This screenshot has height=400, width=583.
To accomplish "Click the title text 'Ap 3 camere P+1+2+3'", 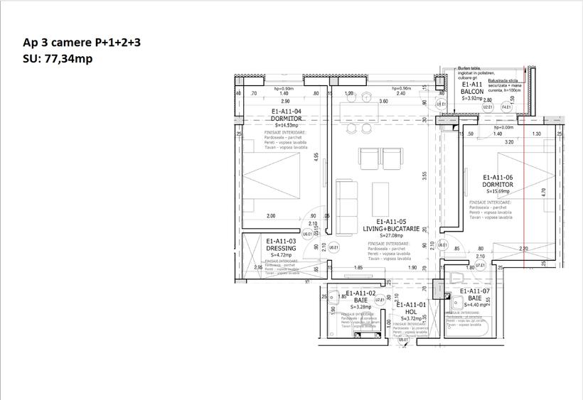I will click(x=82, y=43).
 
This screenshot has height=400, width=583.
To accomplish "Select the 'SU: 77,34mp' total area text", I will click(x=58, y=59).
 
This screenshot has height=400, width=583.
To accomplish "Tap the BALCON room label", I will click(x=473, y=92).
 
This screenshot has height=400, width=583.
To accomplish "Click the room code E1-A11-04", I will click(x=287, y=112).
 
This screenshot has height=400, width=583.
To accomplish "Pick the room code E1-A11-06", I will click(x=498, y=178).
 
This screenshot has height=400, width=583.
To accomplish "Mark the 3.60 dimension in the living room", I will click(x=384, y=102).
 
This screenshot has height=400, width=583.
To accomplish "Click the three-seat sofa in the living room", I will click(x=348, y=207).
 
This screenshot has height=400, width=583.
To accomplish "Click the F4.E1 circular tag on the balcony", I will click(x=507, y=107).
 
